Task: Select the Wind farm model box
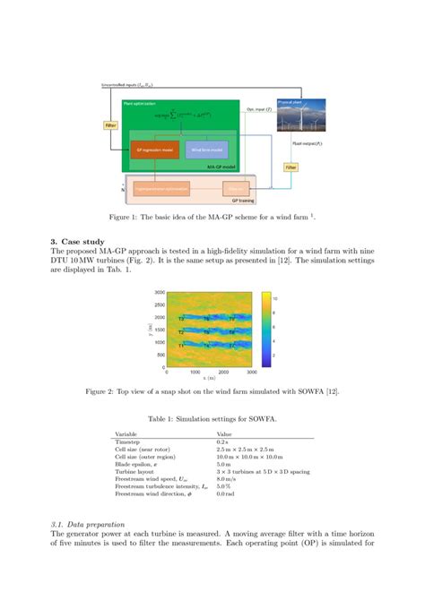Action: coord(207,149)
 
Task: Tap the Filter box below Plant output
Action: coord(291,167)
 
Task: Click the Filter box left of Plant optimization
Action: coord(110,124)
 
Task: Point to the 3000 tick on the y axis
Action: coord(158,293)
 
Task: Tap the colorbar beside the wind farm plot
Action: coord(267,329)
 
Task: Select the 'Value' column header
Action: coord(224,434)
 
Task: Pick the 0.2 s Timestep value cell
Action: coord(222,442)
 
